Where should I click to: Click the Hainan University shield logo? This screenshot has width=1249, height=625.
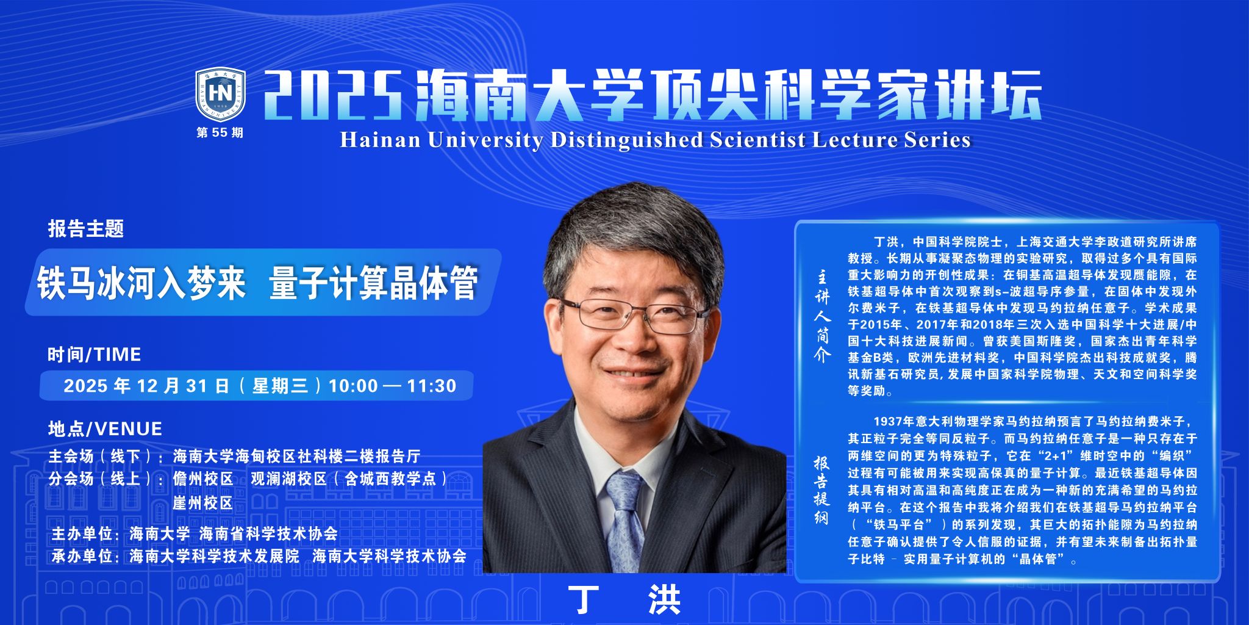click(x=220, y=94)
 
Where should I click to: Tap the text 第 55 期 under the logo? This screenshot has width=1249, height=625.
click(x=220, y=132)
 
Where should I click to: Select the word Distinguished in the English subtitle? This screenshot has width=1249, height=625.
click(x=626, y=140)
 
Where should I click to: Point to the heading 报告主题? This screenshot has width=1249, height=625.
click(x=86, y=229)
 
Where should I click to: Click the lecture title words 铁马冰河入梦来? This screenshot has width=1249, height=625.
click(x=141, y=283)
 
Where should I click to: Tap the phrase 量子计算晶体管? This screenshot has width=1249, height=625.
click(x=373, y=283)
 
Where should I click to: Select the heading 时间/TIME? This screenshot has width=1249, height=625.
click(x=95, y=354)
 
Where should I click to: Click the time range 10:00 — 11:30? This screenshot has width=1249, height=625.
click(x=392, y=386)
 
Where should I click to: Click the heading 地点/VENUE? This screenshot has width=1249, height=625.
click(x=105, y=428)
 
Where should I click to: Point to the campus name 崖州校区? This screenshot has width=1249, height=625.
click(x=203, y=503)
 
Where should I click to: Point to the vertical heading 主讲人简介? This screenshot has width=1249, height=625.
click(x=823, y=317)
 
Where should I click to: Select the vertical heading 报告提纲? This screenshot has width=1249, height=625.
click(x=821, y=490)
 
